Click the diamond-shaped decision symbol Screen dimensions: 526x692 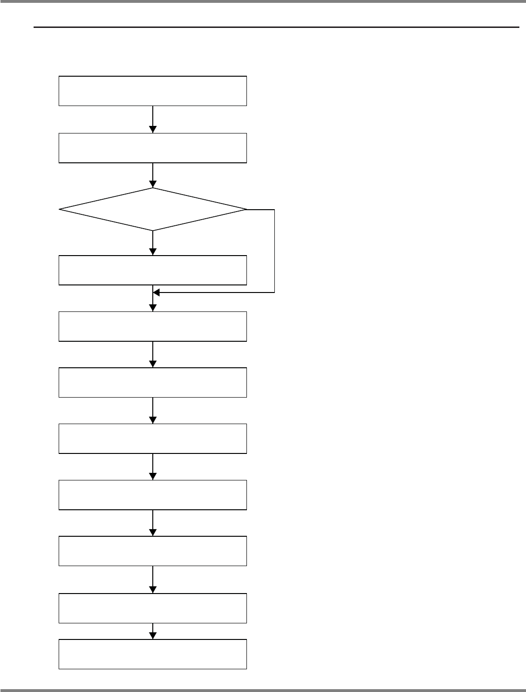tap(153, 209)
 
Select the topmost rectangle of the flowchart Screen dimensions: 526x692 tap(153, 90)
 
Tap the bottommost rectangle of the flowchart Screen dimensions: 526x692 tap(153, 654)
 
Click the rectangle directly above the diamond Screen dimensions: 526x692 tap(153, 148)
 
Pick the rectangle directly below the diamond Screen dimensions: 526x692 tap(153, 270)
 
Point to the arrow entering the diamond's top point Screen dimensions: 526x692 tap(153, 176)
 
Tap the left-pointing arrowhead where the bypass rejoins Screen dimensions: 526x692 tap(157, 293)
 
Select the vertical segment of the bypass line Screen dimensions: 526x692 tap(274, 251)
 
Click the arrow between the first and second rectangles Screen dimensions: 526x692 tap(153, 119)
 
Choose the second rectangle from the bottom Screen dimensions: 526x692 tap(153, 608)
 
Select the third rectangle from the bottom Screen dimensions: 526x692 tap(153, 551)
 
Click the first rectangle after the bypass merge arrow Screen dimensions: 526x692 tap(153, 326)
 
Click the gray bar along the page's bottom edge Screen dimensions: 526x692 tap(263, 690)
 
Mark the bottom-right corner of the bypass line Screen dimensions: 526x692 tap(274, 293)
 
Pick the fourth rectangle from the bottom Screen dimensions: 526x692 tap(153, 495)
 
